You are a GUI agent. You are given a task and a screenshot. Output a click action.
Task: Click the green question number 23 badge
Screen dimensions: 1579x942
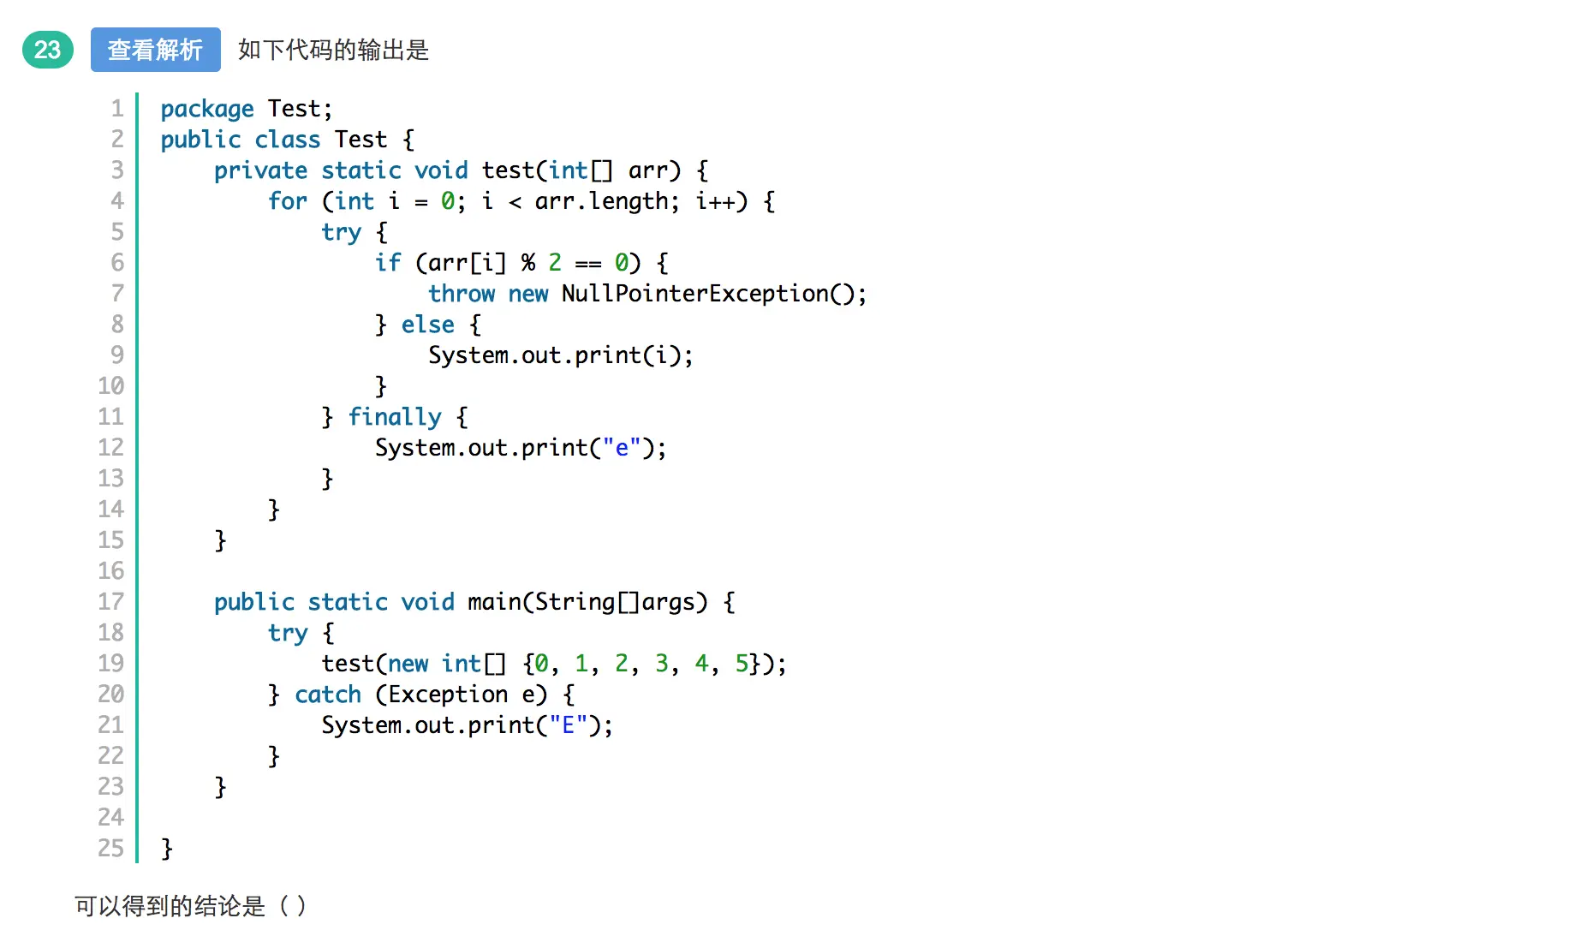pos(48,50)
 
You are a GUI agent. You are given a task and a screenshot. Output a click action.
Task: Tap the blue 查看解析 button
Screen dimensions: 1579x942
pos(155,50)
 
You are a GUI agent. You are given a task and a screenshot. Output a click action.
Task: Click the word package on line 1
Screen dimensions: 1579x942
pos(207,109)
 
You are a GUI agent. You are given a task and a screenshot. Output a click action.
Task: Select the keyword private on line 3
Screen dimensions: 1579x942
pos(260,170)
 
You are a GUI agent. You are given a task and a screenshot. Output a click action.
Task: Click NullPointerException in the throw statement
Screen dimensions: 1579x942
pos(694,294)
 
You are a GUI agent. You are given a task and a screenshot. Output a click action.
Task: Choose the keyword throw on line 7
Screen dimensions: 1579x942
pos(462,294)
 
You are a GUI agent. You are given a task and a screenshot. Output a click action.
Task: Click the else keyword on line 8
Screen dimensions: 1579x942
pos(427,325)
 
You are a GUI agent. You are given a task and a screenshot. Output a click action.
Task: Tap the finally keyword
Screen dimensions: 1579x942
pos(395,417)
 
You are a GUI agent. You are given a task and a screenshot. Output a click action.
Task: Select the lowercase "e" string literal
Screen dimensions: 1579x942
pos(622,448)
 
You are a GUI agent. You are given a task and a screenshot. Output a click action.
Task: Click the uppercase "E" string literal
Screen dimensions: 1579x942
pos(568,725)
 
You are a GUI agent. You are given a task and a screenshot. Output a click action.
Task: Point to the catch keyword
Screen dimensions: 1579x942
pos(328,695)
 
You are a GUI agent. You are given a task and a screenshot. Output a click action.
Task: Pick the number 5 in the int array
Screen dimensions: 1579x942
pos(742,664)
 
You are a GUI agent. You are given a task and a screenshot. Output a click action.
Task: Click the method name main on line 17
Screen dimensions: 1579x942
pos(494,602)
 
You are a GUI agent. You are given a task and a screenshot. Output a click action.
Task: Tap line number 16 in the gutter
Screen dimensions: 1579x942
pos(111,571)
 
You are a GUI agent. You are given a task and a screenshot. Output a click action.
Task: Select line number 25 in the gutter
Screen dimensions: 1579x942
pos(111,849)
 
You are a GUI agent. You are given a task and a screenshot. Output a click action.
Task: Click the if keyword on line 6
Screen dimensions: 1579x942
pos(388,263)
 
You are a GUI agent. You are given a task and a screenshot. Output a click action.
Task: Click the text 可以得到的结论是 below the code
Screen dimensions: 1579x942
pos(170,906)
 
